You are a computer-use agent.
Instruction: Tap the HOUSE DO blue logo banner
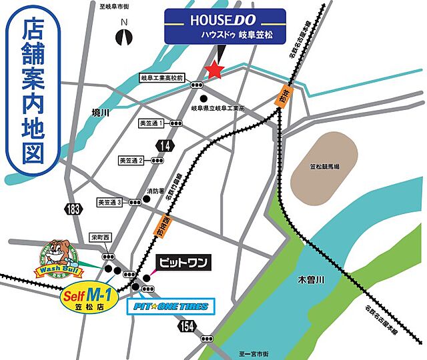point(226,26)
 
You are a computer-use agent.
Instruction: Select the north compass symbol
point(123,35)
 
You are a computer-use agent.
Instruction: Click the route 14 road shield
point(164,145)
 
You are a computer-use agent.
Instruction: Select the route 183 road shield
point(74,209)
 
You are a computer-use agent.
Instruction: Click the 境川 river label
point(100,113)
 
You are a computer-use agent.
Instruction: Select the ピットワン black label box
point(182,262)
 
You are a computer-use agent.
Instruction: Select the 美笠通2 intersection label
point(131,161)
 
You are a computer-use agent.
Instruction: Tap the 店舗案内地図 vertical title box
point(33,93)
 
